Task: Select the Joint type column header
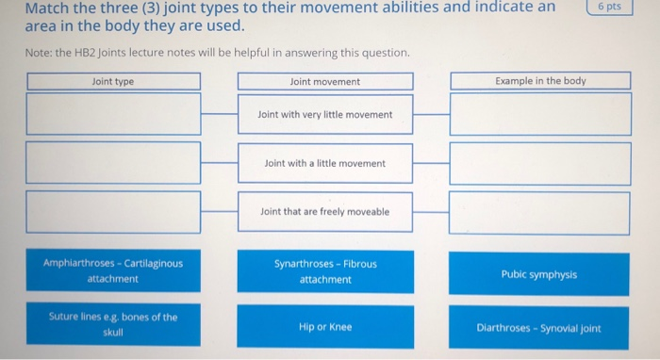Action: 113,82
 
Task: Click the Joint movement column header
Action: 325,82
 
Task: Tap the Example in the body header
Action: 540,81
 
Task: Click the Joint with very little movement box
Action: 325,115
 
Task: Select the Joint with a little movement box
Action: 325,163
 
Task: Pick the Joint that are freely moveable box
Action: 325,212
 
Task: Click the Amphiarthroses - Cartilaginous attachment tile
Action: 113,271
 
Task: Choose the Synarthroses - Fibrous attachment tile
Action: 325,271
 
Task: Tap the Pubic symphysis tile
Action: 540,274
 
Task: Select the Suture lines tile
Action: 113,324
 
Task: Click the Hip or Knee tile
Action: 325,327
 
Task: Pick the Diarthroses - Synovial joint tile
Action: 540,328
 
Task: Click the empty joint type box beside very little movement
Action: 113,114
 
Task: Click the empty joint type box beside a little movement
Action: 113,163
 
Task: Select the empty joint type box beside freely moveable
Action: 113,212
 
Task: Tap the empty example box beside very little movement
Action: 540,114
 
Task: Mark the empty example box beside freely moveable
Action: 540,212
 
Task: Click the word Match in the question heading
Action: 48,8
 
